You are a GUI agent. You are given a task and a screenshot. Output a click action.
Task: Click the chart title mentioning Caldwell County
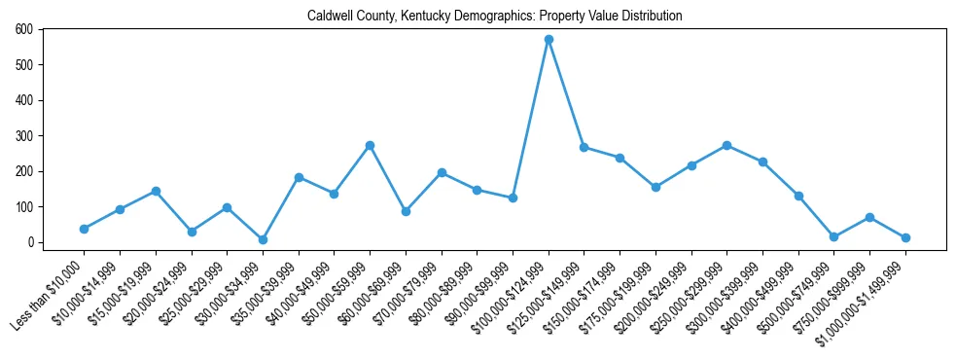click(494, 17)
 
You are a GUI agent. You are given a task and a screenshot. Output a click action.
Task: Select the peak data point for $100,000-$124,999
click(549, 40)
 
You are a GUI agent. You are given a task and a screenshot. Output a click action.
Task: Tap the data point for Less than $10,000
click(84, 229)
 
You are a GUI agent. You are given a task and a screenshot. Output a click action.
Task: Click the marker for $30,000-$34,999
click(263, 239)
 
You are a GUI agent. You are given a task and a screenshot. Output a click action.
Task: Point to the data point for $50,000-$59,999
click(370, 145)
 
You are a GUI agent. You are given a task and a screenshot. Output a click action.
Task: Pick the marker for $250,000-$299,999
click(726, 145)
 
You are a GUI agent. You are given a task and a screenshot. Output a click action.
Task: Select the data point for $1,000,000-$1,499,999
click(905, 237)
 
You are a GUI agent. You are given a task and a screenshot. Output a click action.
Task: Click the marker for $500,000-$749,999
click(833, 236)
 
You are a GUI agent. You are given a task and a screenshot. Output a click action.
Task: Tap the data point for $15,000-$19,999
click(156, 191)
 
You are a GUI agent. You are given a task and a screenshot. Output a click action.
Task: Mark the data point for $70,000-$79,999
click(442, 172)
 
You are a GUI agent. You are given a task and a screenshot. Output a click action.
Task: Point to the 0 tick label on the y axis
click(30, 242)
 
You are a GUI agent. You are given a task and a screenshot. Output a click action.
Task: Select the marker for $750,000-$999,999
click(869, 217)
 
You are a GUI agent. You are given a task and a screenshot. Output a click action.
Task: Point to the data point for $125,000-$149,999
click(584, 147)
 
